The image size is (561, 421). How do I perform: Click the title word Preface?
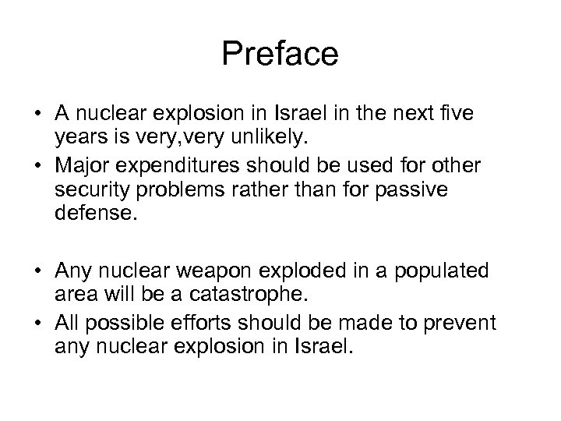(280, 55)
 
